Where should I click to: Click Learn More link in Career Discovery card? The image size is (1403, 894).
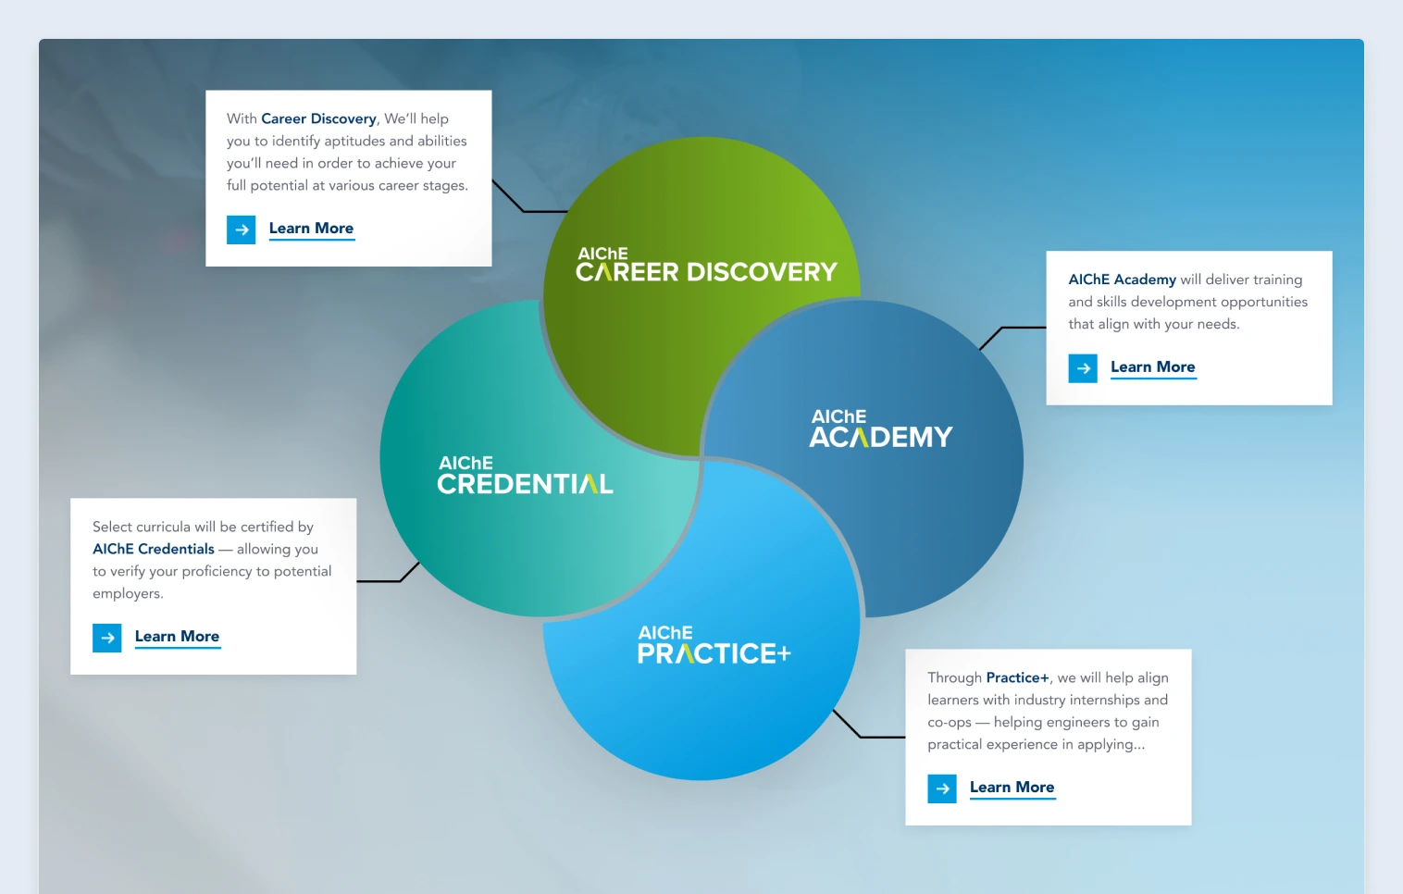coord(311,229)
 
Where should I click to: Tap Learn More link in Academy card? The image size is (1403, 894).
coord(1152,367)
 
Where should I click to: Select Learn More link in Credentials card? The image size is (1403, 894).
coord(177,637)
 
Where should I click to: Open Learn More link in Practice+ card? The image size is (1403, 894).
coord(1012,788)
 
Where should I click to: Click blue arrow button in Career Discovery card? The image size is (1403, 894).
coord(242,230)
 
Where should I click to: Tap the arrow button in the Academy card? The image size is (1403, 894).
coord(1083,368)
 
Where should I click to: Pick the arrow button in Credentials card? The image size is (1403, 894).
coord(107,638)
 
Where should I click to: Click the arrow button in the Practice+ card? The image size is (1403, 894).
coord(942,788)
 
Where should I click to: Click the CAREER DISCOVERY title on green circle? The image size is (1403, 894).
coord(706,271)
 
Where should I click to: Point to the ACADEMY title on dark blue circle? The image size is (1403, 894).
coord(880,437)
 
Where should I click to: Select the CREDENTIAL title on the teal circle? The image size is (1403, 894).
coord(525,483)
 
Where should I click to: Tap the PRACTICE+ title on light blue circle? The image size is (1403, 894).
coord(714,653)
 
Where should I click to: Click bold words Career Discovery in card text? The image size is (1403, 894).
coord(318,118)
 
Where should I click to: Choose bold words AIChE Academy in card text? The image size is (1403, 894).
coord(1122,279)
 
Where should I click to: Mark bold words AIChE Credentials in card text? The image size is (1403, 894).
coord(154,549)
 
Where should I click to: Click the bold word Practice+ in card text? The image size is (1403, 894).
coord(1017,677)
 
